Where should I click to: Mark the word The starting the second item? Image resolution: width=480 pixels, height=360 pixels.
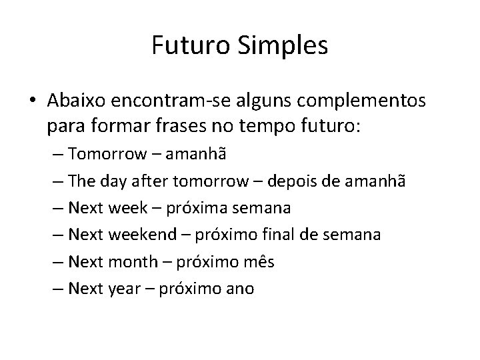(x=82, y=181)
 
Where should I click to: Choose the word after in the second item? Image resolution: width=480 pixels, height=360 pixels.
(x=151, y=181)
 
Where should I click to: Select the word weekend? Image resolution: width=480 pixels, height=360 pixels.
(x=143, y=235)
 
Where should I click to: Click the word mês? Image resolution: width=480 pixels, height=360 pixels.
(x=260, y=263)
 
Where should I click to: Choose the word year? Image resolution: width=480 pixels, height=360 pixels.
(x=123, y=290)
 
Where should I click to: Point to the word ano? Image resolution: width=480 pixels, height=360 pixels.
(x=239, y=290)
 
